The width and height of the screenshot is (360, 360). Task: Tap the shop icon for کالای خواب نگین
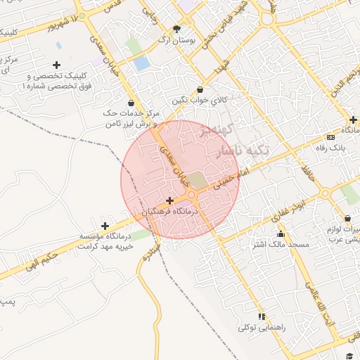coord(201,90)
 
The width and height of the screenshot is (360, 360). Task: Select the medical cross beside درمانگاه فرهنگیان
coord(169,200)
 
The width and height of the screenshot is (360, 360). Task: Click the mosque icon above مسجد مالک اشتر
coord(281,234)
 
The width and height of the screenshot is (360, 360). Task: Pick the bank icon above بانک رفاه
coord(330,137)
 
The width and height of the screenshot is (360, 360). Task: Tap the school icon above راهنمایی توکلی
coord(262,316)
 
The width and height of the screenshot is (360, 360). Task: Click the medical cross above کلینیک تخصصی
coord(57,65)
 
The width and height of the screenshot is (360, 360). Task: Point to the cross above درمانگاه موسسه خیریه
coord(105,226)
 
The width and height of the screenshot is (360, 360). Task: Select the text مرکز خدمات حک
coord(131,112)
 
